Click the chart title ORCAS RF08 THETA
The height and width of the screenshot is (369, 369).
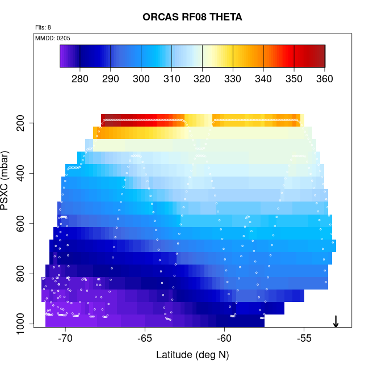point(192,18)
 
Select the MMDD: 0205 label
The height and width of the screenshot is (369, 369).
point(53,38)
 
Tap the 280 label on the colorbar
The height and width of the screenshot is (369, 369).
point(80,78)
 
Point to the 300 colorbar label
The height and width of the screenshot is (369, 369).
point(141,78)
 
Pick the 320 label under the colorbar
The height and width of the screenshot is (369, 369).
point(202,78)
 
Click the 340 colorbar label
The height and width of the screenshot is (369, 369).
point(263,78)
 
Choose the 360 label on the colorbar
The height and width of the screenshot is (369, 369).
point(325,78)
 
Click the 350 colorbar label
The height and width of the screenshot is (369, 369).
point(294,78)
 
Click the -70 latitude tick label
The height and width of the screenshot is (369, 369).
point(65,339)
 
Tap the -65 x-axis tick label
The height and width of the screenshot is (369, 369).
point(145,339)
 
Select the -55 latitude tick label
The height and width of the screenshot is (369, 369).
point(305,339)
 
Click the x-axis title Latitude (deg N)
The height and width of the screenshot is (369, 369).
point(192,355)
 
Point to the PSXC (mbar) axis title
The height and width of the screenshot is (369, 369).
point(7,181)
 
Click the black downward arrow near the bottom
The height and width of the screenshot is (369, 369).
point(336,321)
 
